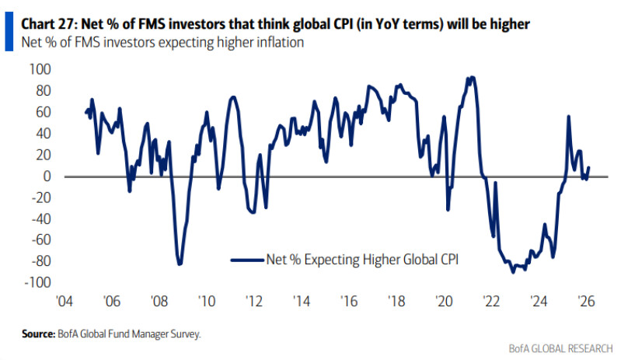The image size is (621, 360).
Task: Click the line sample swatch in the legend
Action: [247, 259]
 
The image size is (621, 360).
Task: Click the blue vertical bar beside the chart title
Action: [8, 32]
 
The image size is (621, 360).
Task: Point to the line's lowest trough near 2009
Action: [180, 264]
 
